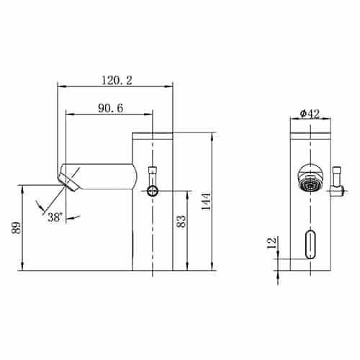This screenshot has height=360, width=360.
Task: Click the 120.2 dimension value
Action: click(117, 81)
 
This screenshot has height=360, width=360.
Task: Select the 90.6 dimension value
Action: click(110, 108)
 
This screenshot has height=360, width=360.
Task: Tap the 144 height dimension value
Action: click(206, 202)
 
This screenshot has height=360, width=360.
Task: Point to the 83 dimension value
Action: click(181, 222)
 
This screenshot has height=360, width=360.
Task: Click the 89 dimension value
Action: click(17, 228)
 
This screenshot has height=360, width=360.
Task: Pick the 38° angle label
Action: click(55, 217)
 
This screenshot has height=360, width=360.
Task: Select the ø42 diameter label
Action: click(310, 114)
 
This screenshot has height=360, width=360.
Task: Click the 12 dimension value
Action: click(272, 243)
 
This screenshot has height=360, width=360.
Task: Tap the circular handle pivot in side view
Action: click(153, 192)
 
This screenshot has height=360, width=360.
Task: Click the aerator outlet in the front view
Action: click(310, 185)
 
